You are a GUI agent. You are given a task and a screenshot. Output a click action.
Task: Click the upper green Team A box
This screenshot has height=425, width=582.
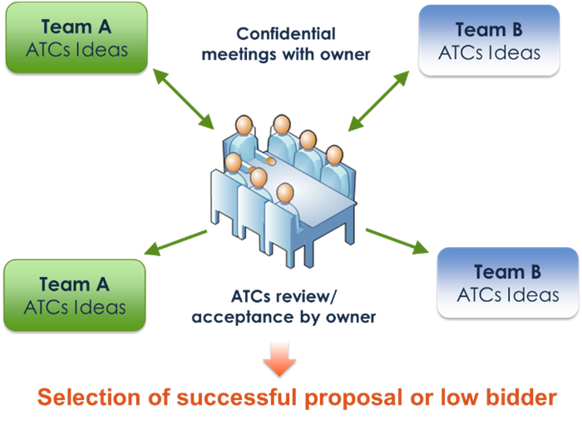coord(76,38)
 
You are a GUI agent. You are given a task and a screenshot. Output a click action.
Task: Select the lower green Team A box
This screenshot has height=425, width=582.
coord(75,295)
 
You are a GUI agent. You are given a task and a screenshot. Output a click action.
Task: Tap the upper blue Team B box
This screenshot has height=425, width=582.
coord(489,41)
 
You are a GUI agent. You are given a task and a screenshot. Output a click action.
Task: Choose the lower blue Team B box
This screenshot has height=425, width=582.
coord(508,283)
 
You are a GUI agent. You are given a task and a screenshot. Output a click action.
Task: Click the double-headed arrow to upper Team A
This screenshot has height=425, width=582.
coord(184,99)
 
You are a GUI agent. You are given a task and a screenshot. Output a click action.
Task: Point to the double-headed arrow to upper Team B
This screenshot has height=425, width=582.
coord(378,101)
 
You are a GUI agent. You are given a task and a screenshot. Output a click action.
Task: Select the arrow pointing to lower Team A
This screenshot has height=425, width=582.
coord(175,243)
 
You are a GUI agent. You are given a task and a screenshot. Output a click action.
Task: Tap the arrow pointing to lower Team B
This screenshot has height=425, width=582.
coord(397,242)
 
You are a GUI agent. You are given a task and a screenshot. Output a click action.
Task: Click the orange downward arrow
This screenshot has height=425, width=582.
coord(279,359)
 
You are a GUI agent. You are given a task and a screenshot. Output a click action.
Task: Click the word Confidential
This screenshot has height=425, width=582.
coord(286,34)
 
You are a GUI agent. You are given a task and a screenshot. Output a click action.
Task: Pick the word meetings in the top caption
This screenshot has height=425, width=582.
coord(239,55)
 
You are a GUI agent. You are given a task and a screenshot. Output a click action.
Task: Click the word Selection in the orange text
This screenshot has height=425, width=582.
coord(90,398)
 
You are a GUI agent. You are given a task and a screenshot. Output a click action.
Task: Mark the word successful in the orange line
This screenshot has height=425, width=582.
coord(238,398)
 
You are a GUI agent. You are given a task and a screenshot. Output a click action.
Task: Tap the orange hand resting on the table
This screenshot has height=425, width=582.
coord(270,161)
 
